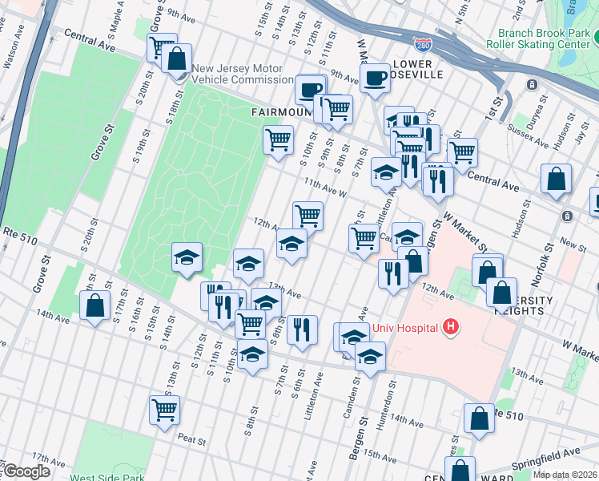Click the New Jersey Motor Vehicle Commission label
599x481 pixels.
point(243,74)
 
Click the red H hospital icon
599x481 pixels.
point(452,327)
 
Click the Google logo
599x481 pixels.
point(26,471)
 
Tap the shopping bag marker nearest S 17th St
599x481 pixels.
point(94,305)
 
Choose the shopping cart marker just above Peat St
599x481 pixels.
point(164,410)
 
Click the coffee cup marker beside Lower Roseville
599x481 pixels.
point(374,79)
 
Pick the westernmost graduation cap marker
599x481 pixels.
point(187,257)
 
